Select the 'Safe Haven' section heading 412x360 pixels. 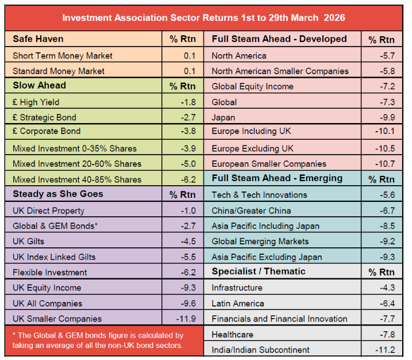pyautogui.click(x=38, y=39)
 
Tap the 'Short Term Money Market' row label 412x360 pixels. pyautogui.click(x=63, y=56)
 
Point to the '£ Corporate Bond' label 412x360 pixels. pyautogui.click(x=47, y=131)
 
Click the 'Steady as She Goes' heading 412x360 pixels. pyautogui.click(x=58, y=194)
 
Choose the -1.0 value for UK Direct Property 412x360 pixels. pyautogui.click(x=188, y=210)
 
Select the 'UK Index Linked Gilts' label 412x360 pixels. pyautogui.click(x=54, y=257)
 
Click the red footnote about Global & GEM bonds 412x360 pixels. pyautogui.click(x=98, y=340)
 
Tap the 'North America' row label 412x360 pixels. pyautogui.click(x=239, y=56)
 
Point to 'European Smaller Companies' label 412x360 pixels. pyautogui.click(x=269, y=164)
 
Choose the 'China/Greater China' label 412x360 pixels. pyautogui.click(x=251, y=210)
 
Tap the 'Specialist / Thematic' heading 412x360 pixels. pyautogui.click(x=259, y=271)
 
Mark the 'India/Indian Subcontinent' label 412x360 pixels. pyautogui.click(x=260, y=350)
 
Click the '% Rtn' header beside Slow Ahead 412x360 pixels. pyautogui.click(x=182, y=86)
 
